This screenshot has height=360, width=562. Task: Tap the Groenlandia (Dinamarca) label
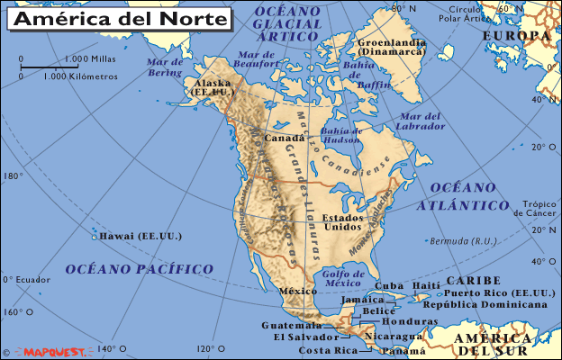[392, 48]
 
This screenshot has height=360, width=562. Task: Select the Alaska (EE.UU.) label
[213, 86]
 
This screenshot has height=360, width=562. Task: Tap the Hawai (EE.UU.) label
[142, 236]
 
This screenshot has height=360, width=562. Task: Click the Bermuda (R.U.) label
[464, 241]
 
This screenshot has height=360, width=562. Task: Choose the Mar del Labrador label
[421, 121]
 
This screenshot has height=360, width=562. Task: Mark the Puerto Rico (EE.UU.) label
[500, 293]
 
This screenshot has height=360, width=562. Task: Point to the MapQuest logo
[59, 351]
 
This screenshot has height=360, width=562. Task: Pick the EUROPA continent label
[516, 36]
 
